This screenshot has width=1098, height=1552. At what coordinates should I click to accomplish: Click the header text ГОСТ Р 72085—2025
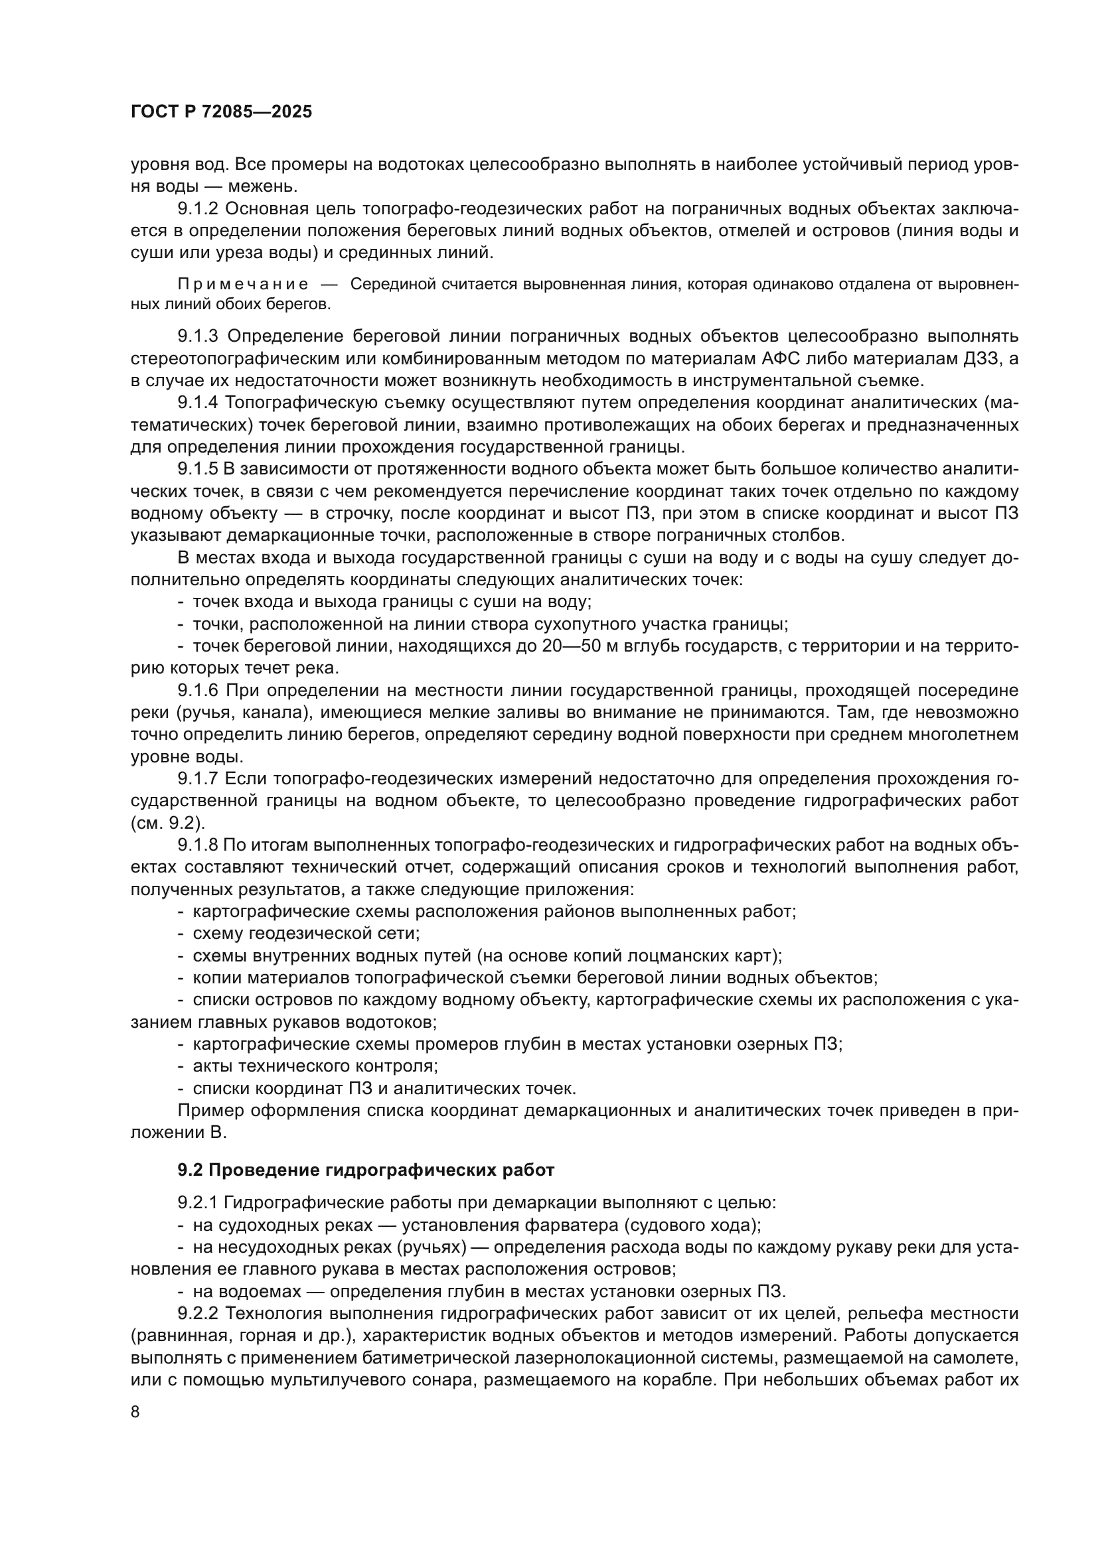pyautogui.click(x=221, y=112)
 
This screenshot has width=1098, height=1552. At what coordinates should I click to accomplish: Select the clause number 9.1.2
pyautogui.click(x=198, y=209)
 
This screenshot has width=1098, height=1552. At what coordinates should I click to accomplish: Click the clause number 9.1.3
pyautogui.click(x=198, y=336)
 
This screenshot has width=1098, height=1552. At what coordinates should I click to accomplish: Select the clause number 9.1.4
pyautogui.click(x=198, y=403)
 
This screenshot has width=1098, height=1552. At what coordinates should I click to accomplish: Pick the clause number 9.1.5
pyautogui.click(x=198, y=469)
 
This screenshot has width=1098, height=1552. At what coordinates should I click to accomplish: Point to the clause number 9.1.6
pyautogui.click(x=198, y=690)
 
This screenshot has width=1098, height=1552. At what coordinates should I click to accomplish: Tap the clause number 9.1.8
pyautogui.click(x=198, y=845)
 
